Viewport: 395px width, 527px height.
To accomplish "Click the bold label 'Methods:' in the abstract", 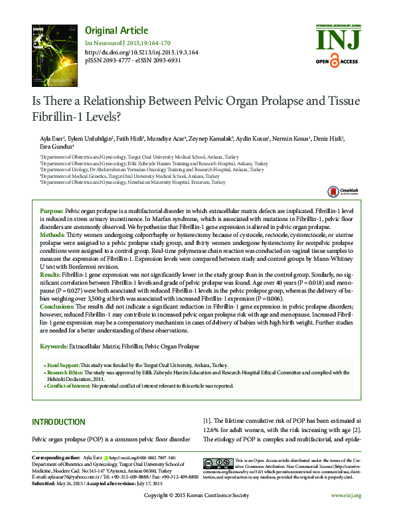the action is point(53,235).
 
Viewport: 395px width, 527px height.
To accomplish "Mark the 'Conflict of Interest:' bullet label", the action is point(68,385).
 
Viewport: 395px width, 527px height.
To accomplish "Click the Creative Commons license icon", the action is point(217,463).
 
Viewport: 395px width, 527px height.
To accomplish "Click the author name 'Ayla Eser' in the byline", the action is point(53,137).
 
